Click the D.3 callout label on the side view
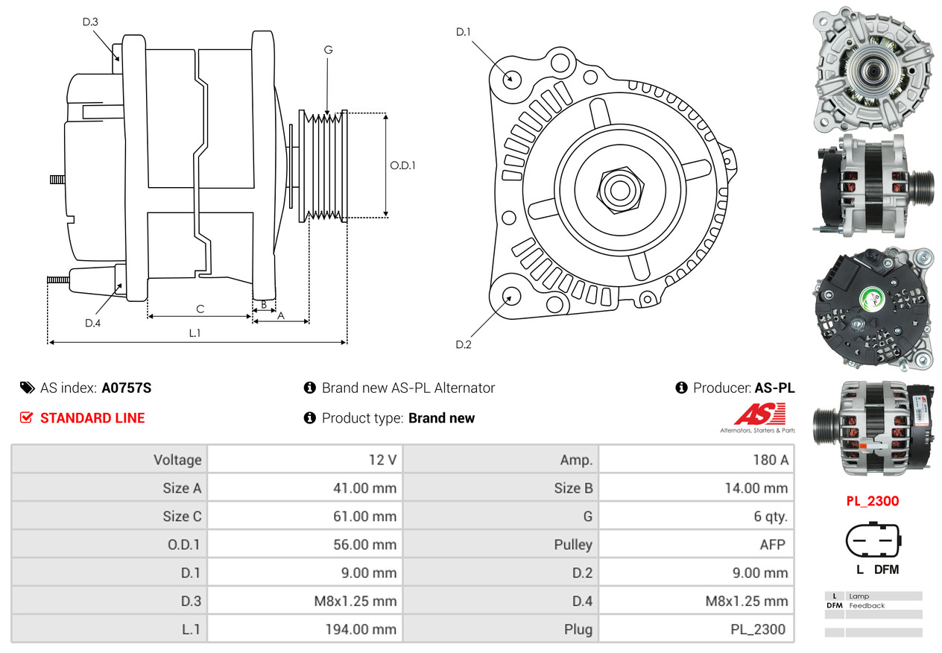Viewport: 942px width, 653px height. pyautogui.click(x=90, y=22)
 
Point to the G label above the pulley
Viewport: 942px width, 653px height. pyautogui.click(x=328, y=50)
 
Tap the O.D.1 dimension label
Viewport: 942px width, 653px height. pyautogui.click(x=402, y=165)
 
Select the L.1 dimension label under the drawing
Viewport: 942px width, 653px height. pyautogui.click(x=195, y=333)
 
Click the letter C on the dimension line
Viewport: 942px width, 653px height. pyautogui.click(x=200, y=309)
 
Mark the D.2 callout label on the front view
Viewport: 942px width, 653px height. pyautogui.click(x=464, y=344)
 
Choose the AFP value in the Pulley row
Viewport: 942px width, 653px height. pyautogui.click(x=772, y=545)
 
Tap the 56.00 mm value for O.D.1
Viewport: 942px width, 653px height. pyautogui.click(x=364, y=545)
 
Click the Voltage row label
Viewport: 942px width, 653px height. pyautogui.click(x=177, y=460)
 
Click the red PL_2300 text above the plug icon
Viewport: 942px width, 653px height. pyautogui.click(x=872, y=501)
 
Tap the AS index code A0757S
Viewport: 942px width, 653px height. pyautogui.click(x=127, y=388)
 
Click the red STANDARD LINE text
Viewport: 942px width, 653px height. pyautogui.click(x=92, y=418)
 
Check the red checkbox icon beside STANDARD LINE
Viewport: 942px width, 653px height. pyautogui.click(x=26, y=418)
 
